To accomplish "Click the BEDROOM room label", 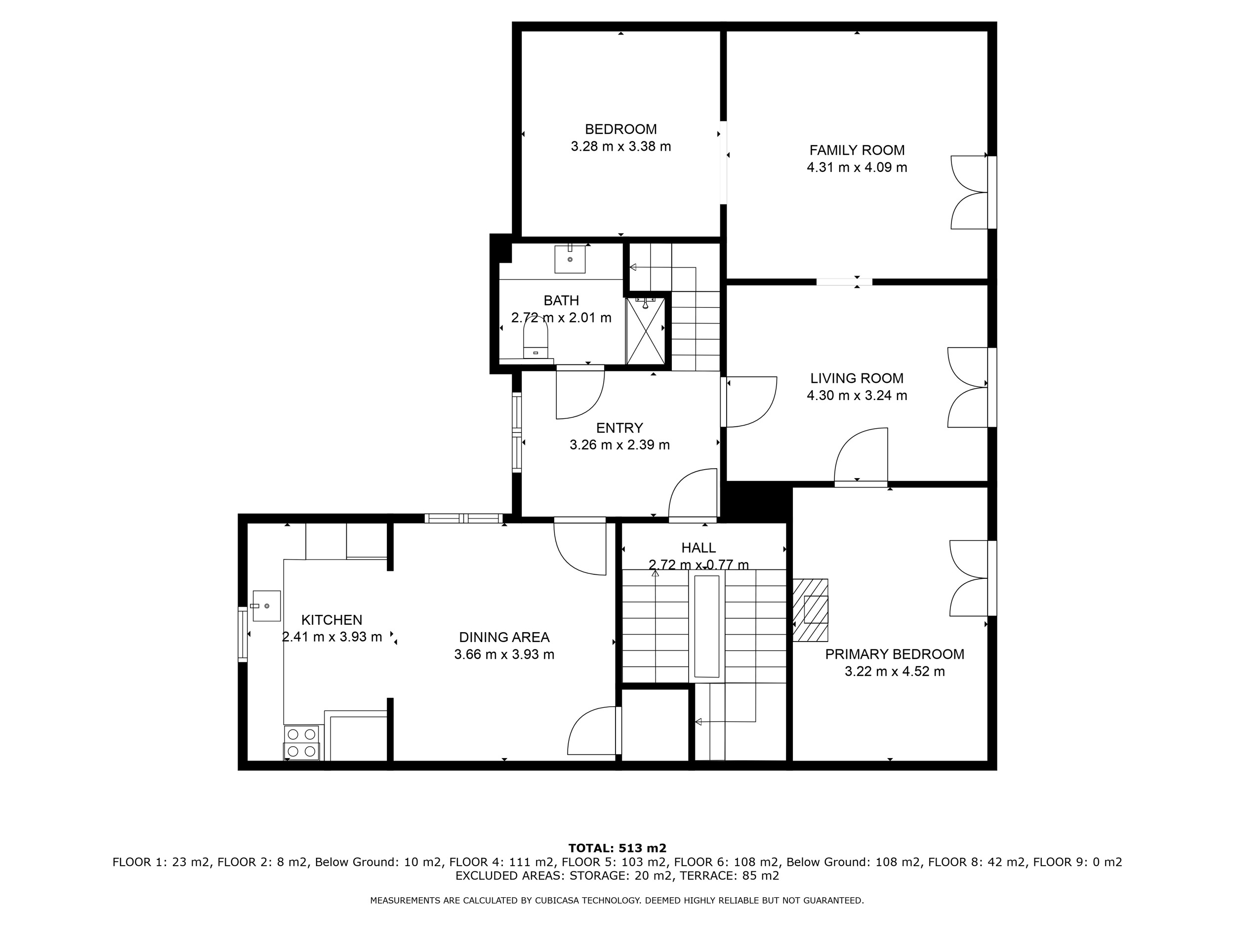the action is pos(620,129).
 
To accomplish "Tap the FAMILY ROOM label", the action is pos(857,150).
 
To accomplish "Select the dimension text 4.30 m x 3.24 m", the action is pos(857,396).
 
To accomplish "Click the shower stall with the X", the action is pos(646,330).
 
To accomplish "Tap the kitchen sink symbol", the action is pos(266,605).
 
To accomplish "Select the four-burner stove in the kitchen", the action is pos(301,743).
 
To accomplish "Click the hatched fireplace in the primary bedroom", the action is pos(811,610).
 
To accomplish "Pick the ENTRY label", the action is pos(620,428).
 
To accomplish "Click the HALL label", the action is pos(699,548).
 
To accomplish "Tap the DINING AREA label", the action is pos(504,638).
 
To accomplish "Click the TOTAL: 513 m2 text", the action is pos(617,849).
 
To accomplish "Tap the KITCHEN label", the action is pos(331,620).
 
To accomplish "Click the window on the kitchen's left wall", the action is pos(243,634).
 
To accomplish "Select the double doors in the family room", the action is pos(970,193).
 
